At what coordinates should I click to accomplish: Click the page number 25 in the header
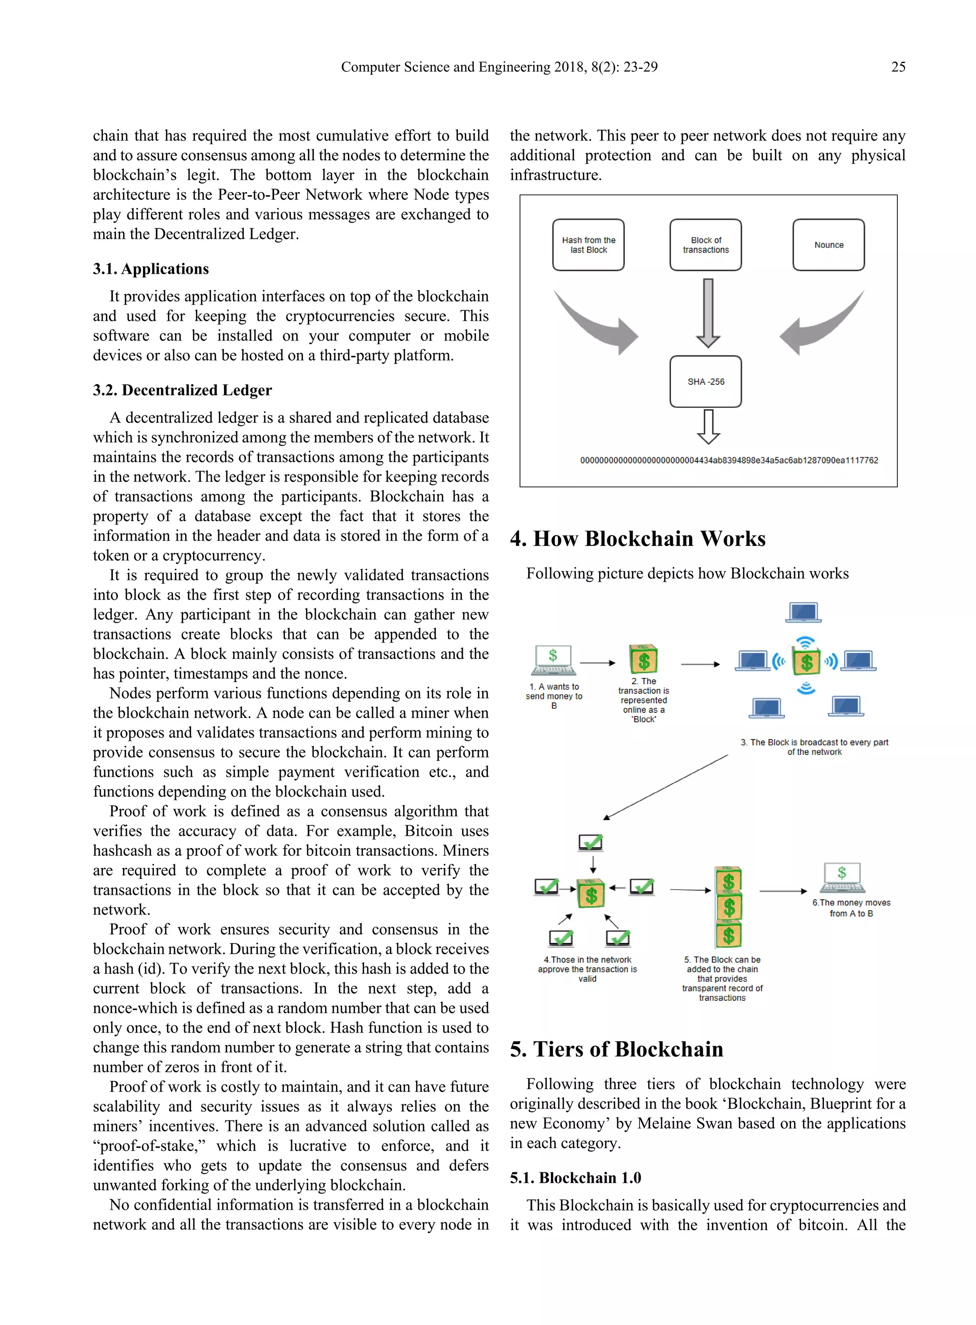(x=897, y=67)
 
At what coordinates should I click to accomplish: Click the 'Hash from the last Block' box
(x=588, y=245)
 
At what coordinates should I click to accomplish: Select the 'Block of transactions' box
(x=705, y=245)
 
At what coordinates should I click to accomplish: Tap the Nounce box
(x=828, y=245)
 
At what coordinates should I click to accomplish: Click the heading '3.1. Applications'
(x=151, y=269)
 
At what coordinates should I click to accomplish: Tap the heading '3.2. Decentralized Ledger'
(x=182, y=390)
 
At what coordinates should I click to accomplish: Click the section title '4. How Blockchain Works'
(x=638, y=538)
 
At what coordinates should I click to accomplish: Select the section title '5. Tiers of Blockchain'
(x=616, y=1049)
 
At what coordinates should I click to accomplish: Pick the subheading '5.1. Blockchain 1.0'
(x=575, y=1178)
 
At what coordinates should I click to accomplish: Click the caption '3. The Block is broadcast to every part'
(x=814, y=742)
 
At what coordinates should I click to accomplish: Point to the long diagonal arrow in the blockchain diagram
(x=665, y=787)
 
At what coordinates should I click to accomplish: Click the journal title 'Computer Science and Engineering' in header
(x=446, y=67)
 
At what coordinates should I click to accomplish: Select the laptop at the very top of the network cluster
(x=803, y=612)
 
